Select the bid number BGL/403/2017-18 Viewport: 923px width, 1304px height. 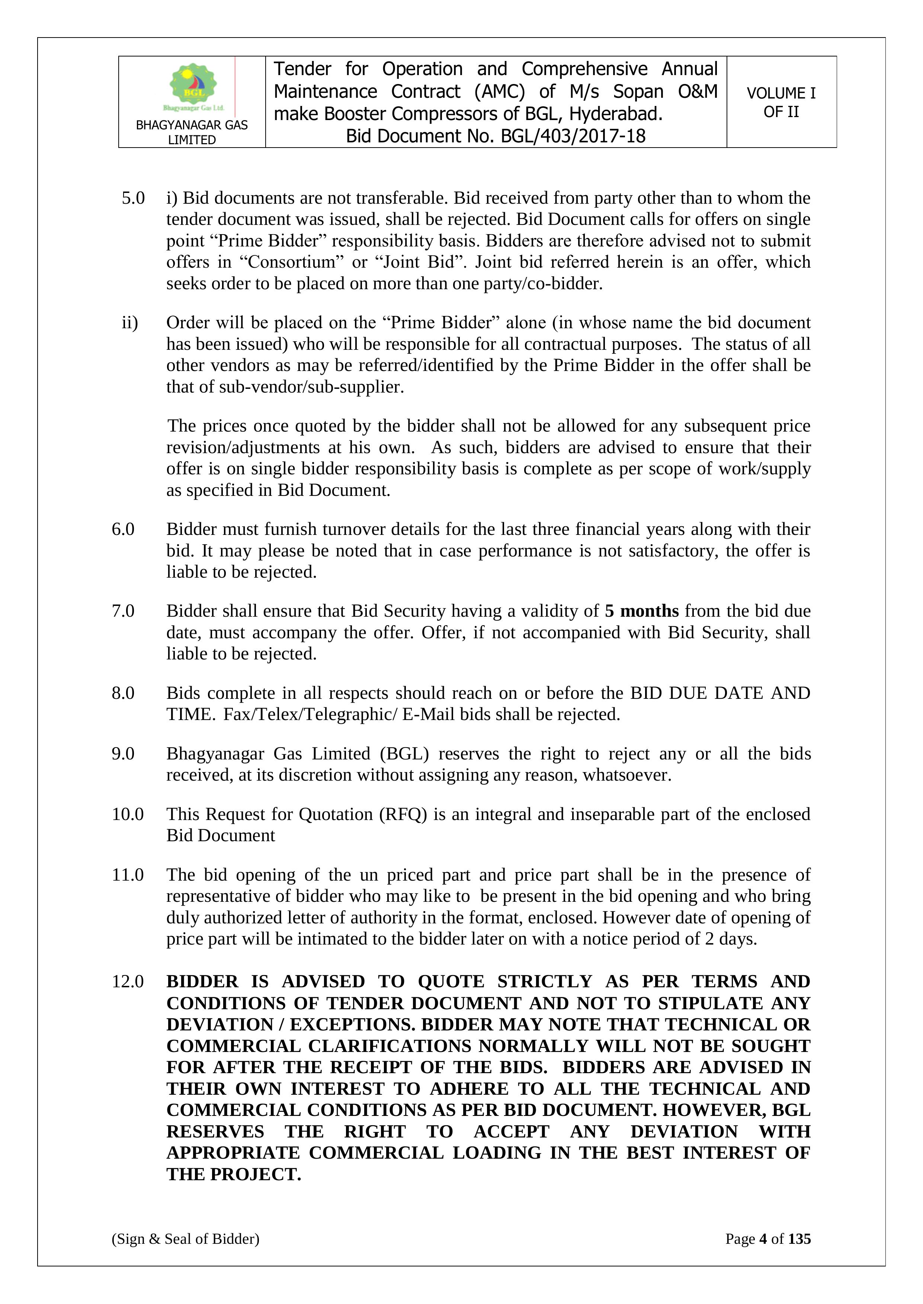coord(573,136)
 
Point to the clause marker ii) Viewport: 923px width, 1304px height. coord(129,323)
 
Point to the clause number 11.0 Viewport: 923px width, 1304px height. coord(127,875)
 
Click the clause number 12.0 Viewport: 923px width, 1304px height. coord(127,981)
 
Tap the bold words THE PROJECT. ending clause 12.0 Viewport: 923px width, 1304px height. coord(234,1174)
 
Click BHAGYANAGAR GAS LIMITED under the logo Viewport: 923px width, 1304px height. coord(192,132)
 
